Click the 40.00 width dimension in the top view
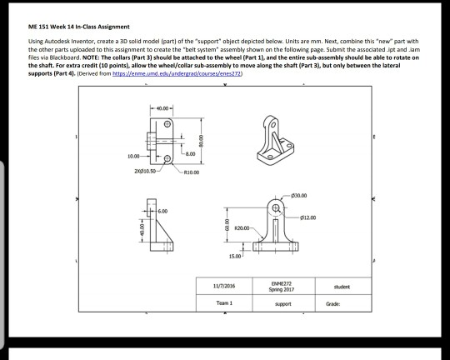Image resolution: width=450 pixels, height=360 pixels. click(x=160, y=110)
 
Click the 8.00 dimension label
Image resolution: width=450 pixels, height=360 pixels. click(x=190, y=152)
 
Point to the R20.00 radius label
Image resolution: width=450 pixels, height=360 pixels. click(x=243, y=226)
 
